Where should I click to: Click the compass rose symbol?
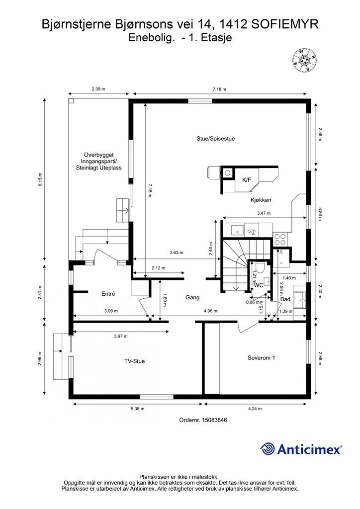[x=304, y=60]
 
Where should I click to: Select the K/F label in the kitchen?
[x=247, y=179]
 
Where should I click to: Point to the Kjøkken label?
[x=261, y=200]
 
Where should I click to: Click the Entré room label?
[x=108, y=294]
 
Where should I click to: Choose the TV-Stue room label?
[x=134, y=361]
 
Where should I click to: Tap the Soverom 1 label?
[x=262, y=358]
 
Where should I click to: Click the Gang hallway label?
[x=192, y=297]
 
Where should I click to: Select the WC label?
[x=259, y=285]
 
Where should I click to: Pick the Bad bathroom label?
[x=285, y=299]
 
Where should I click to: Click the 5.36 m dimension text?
[x=138, y=409]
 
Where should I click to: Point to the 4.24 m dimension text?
[x=255, y=409]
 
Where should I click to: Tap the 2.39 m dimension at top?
[x=98, y=88]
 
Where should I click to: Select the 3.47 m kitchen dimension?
[x=264, y=213]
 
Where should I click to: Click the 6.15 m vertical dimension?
[x=40, y=179]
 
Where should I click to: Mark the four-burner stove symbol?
[x=280, y=239]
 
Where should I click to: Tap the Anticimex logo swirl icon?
[x=268, y=449]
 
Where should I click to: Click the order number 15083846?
[x=214, y=420]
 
